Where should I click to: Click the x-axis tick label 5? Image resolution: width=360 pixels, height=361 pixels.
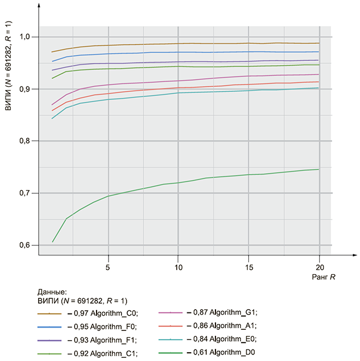[x=108, y=267]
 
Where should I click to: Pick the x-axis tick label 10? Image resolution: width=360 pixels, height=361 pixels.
[x=178, y=267]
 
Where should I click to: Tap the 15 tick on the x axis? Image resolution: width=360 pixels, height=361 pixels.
[x=248, y=267]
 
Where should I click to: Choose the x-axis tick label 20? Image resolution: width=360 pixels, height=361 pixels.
[x=319, y=267]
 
